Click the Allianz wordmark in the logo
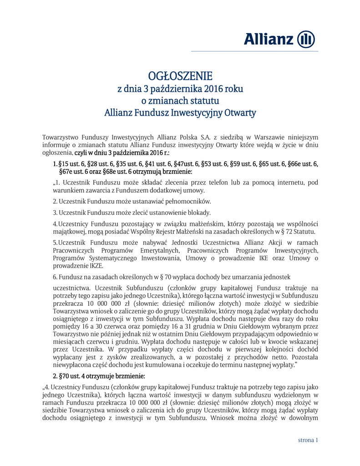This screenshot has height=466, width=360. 269,40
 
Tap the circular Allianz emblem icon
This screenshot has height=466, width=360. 306,40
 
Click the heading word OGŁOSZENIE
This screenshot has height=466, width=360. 180,76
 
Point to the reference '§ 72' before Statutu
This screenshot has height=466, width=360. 288,231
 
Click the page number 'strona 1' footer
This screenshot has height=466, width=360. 308,440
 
